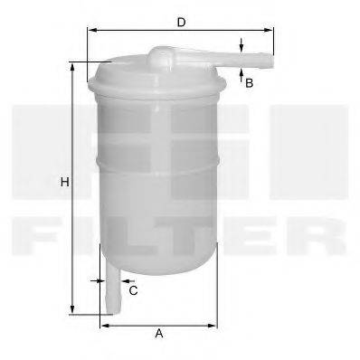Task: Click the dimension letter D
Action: click(181, 21)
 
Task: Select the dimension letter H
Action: click(64, 183)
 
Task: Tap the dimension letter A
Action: click(159, 334)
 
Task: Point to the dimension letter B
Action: click(249, 83)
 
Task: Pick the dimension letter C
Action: click(133, 290)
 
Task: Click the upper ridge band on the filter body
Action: click(159, 160)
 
